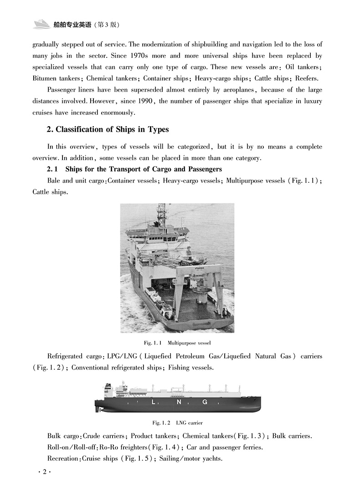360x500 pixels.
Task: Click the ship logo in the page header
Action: (x=44, y=24)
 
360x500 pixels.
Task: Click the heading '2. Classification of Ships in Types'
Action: (x=108, y=129)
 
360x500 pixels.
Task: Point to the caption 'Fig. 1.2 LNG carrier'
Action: (x=177, y=423)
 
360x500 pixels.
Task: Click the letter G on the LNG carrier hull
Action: (x=205, y=402)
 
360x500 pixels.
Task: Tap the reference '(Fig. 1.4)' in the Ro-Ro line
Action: (x=167, y=447)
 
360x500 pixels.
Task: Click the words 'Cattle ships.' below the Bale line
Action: (x=50, y=192)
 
